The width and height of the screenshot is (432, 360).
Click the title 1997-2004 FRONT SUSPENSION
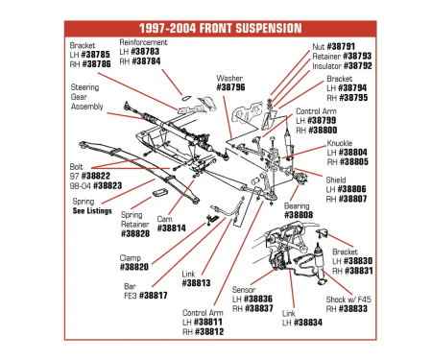(216, 29)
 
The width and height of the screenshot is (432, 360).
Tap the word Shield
(339, 179)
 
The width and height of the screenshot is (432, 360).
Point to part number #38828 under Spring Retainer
(136, 233)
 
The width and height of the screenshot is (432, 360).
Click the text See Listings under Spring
(92, 210)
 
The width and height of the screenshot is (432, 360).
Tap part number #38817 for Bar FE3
(150, 296)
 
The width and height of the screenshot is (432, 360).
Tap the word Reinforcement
(144, 42)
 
